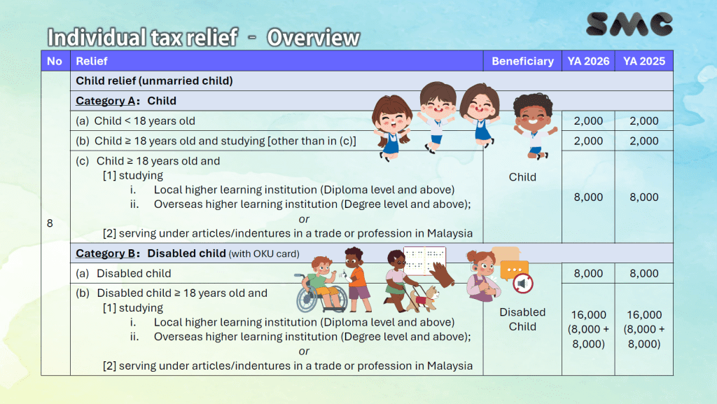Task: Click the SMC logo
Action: (629, 24)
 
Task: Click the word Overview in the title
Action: (313, 38)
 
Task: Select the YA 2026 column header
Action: (588, 61)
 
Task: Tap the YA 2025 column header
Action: (644, 61)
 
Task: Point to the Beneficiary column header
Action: (522, 61)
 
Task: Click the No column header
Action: (55, 61)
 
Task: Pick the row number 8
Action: (50, 223)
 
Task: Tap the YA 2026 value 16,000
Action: (588, 315)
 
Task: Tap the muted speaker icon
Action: (523, 284)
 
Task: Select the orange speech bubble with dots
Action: (514, 269)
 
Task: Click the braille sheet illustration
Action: (424, 260)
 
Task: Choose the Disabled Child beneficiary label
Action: (522, 319)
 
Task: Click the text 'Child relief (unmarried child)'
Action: (154, 81)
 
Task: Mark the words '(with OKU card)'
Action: (264, 253)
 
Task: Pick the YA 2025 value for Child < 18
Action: (644, 121)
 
